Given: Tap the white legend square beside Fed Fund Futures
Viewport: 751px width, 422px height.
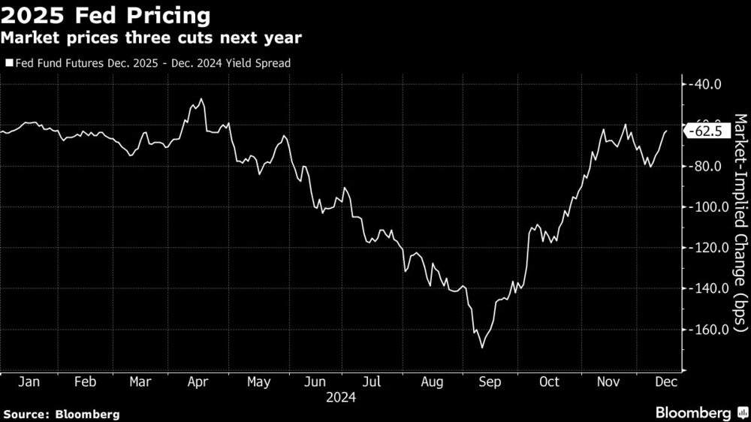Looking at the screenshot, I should click(8, 64).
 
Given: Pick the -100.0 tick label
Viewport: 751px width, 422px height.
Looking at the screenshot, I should click(708, 207).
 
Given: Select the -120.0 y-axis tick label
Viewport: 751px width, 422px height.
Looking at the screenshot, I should click(708, 248).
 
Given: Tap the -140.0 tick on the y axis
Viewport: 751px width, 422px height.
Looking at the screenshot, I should click(708, 288).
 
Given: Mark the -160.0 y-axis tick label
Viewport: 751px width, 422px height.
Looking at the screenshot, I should click(708, 330).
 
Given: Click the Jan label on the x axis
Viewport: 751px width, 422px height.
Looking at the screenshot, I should click(29, 382).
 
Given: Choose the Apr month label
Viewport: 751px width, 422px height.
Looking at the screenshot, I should click(198, 382).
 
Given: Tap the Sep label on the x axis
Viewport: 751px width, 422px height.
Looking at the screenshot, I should click(490, 382).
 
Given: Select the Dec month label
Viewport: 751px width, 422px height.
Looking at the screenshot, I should click(665, 382).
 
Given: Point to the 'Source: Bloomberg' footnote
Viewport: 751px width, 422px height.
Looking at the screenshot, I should click(62, 414).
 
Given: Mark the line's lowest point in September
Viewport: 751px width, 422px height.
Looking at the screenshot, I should click(481, 348).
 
